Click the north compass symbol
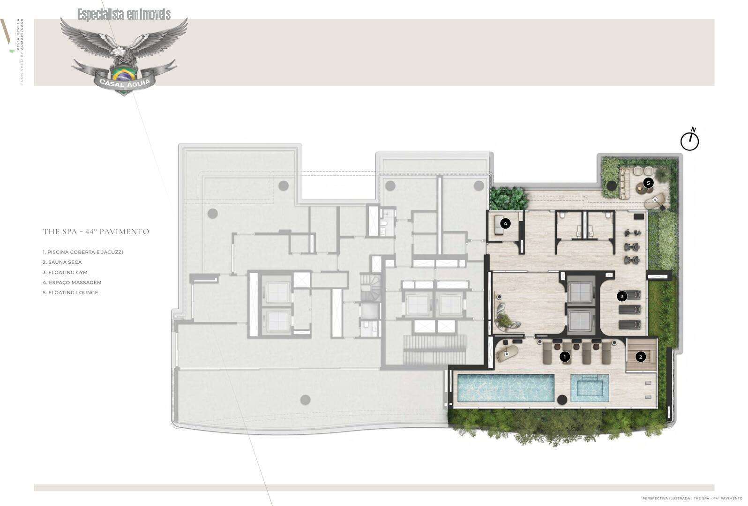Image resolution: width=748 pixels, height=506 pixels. click(x=689, y=141)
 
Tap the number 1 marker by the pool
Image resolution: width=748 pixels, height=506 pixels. click(x=565, y=357)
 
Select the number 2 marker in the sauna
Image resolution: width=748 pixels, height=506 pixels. click(x=640, y=357)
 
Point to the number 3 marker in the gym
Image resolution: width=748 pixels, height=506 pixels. click(x=622, y=296)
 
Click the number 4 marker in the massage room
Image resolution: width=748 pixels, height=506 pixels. click(x=505, y=223)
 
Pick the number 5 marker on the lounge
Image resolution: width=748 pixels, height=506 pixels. click(x=648, y=183)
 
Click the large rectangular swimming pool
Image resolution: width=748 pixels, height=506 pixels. click(x=505, y=388)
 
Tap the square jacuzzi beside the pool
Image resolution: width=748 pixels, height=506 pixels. click(x=590, y=388)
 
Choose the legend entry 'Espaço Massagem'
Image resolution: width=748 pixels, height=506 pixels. click(x=72, y=283)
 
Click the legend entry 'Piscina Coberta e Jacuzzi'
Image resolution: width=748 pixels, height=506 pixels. click(x=83, y=252)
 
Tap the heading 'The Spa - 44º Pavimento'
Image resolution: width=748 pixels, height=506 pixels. click(x=96, y=231)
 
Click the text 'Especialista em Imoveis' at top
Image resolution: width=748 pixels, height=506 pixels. click(x=124, y=15)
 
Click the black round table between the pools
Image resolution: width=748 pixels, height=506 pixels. click(x=562, y=400)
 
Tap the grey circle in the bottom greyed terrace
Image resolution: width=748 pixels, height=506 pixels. click(x=305, y=400)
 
